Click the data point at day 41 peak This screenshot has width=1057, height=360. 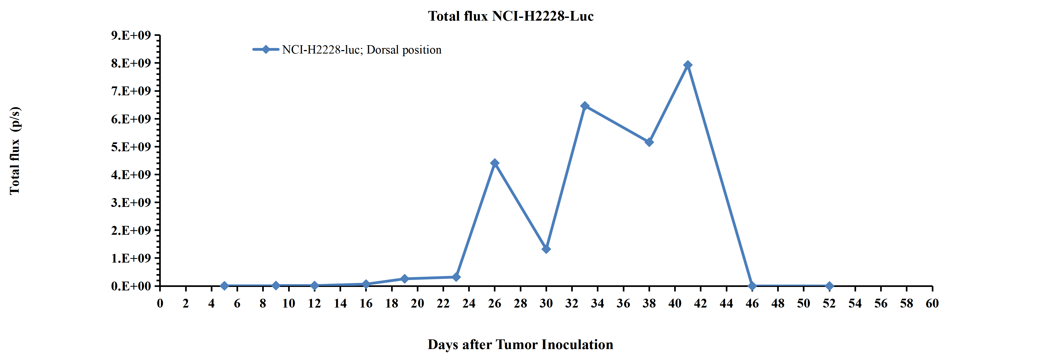[688, 65]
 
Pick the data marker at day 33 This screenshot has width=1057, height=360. [585, 106]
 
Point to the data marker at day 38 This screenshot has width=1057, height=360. [649, 142]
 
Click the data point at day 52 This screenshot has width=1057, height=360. [829, 286]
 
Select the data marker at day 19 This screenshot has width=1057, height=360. [405, 279]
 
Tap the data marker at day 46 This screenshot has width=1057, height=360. [752, 286]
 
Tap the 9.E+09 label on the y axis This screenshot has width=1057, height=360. [131, 35]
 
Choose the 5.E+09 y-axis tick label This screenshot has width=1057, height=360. [131, 147]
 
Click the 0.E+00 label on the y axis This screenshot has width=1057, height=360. [131, 286]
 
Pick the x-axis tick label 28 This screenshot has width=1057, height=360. [520, 303]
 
